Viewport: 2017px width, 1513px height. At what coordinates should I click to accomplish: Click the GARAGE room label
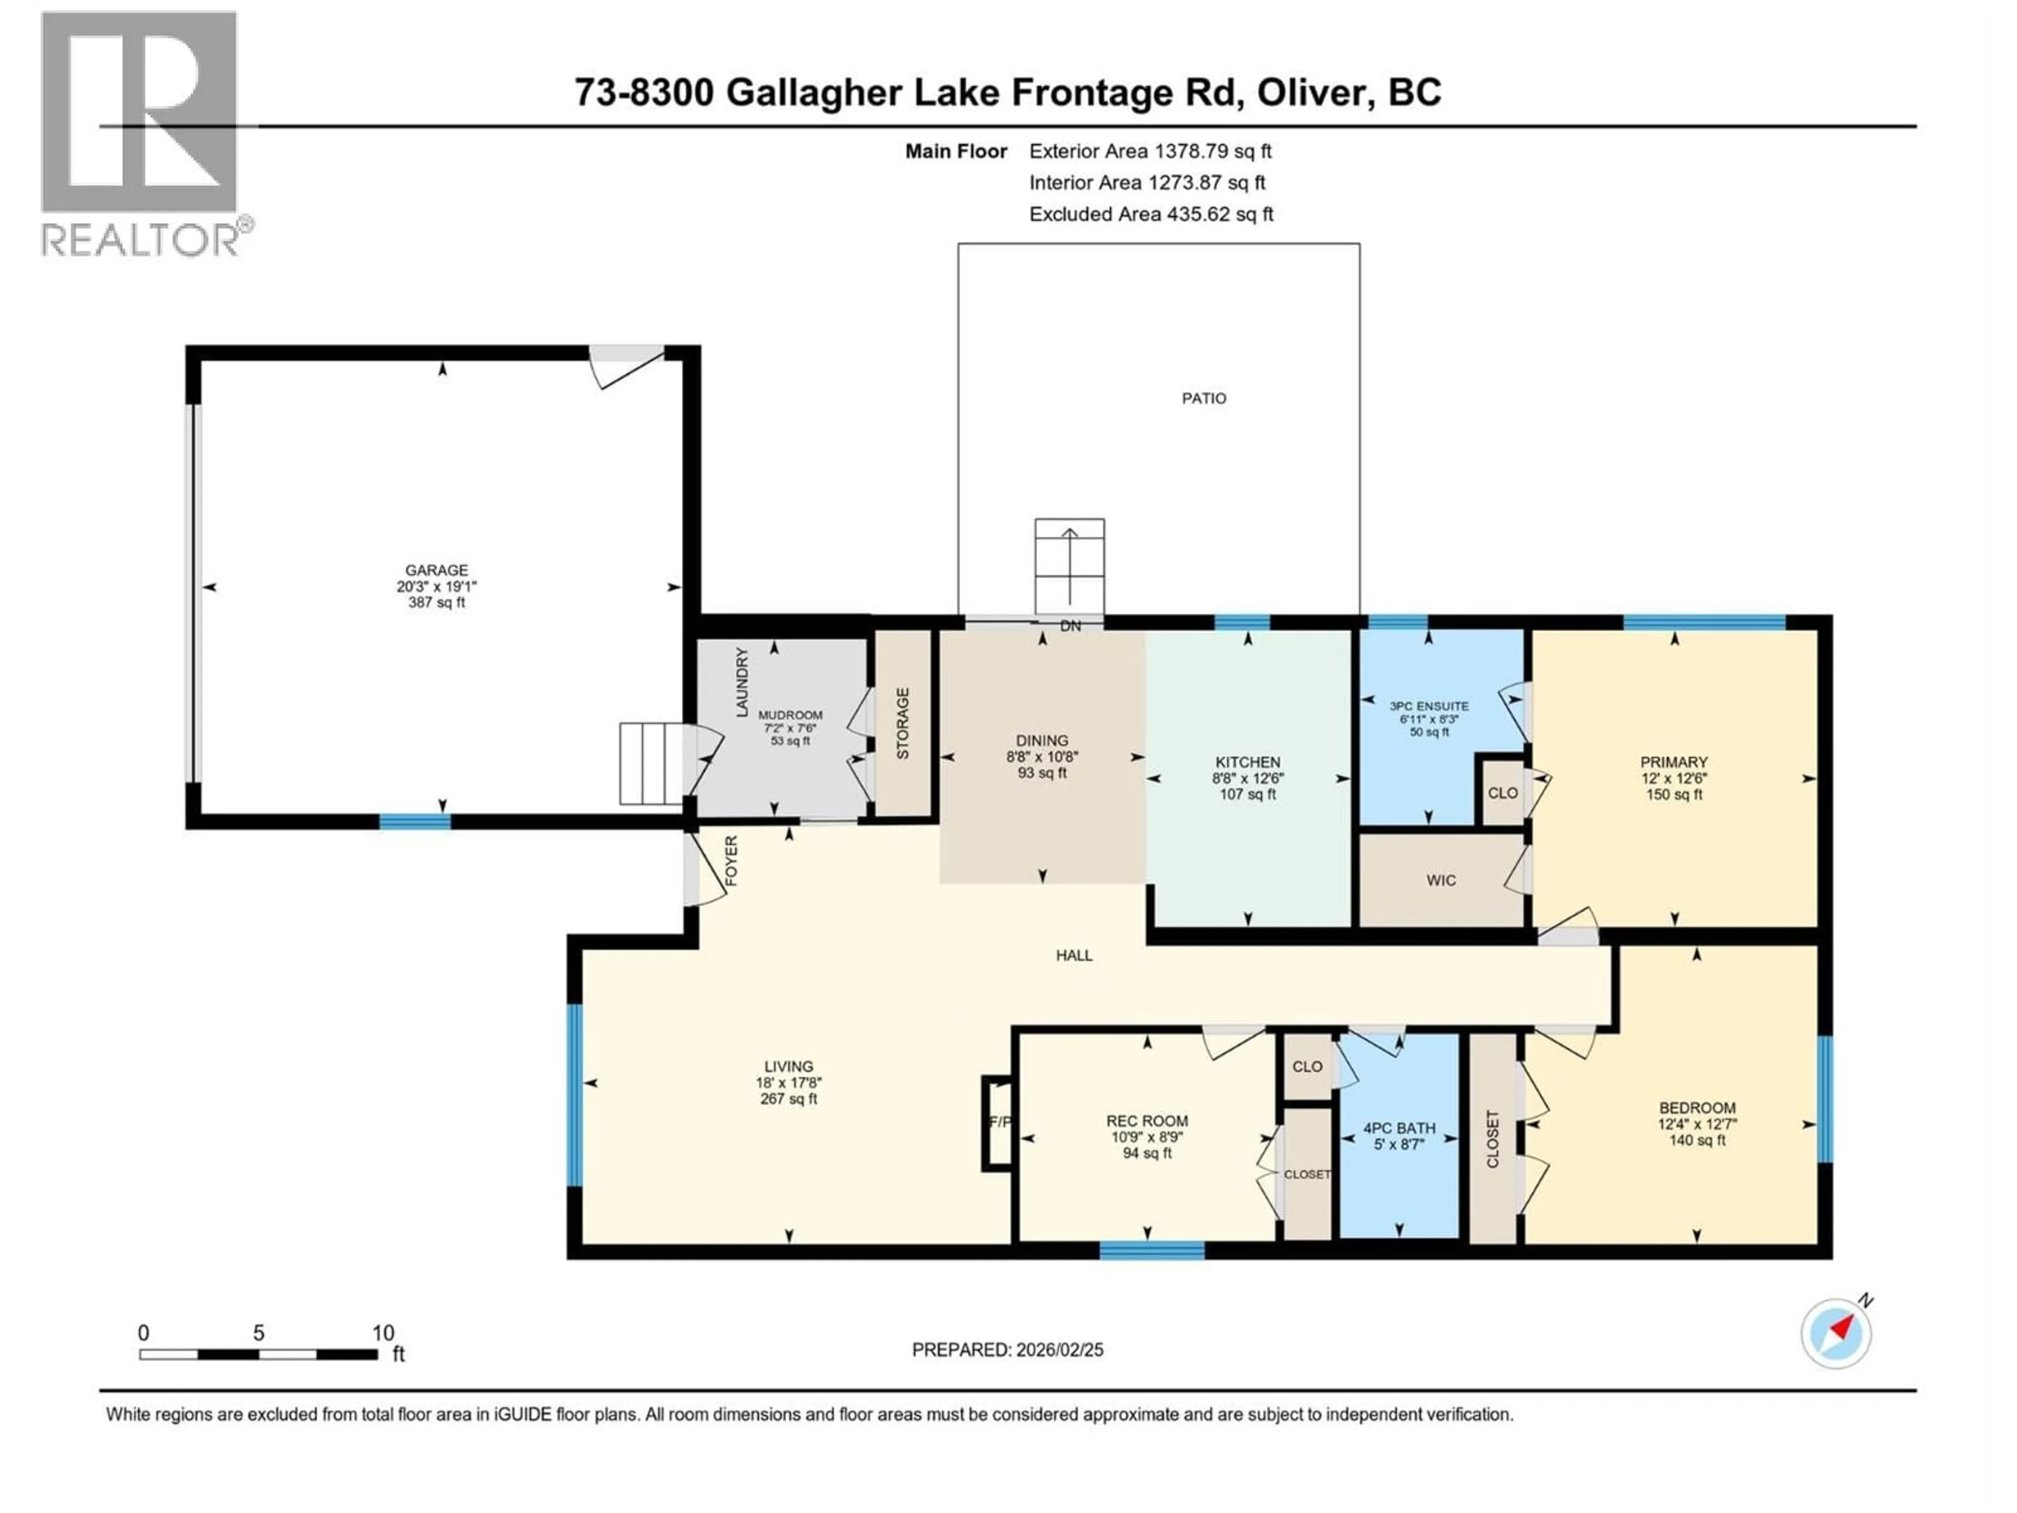pyautogui.click(x=437, y=570)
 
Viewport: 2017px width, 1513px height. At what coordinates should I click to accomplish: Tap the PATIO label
pyautogui.click(x=1204, y=399)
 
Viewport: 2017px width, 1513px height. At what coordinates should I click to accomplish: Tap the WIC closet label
pyautogui.click(x=1441, y=880)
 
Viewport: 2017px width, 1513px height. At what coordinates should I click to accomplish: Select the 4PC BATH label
pyautogui.click(x=1399, y=1128)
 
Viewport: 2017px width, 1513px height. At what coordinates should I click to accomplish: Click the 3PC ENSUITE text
pyautogui.click(x=1429, y=706)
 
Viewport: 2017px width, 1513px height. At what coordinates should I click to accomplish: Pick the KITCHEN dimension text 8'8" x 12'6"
pyautogui.click(x=1247, y=778)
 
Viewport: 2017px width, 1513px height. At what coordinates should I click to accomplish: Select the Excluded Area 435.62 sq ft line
pyautogui.click(x=1151, y=214)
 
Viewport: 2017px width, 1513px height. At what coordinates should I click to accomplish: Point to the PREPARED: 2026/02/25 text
pyautogui.click(x=1007, y=1350)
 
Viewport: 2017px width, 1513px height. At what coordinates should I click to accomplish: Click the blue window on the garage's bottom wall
pyautogui.click(x=415, y=822)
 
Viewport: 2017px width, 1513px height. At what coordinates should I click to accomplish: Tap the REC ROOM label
pyautogui.click(x=1147, y=1121)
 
